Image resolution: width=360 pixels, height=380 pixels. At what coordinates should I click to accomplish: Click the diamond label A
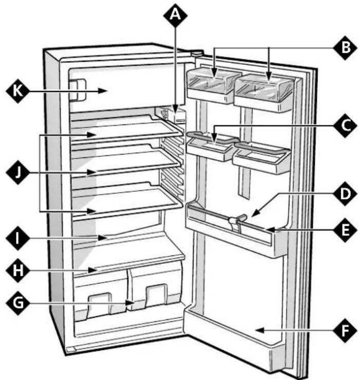pyautogui.click(x=175, y=15)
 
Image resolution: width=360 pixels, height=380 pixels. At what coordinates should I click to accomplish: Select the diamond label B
pyautogui.click(x=345, y=48)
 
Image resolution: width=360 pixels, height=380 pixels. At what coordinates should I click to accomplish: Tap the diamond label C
pyautogui.click(x=345, y=126)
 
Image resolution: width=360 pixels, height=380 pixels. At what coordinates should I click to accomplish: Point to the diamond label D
pyautogui.click(x=345, y=194)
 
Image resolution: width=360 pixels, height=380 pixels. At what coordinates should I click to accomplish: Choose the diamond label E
pyautogui.click(x=345, y=230)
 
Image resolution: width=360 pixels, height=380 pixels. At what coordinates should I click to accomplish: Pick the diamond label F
pyautogui.click(x=345, y=331)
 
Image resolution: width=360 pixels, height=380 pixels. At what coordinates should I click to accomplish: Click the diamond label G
pyautogui.click(x=18, y=303)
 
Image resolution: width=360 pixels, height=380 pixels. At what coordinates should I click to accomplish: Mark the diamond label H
pyautogui.click(x=18, y=270)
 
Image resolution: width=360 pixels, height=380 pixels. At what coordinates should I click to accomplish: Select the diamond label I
pyautogui.click(x=18, y=238)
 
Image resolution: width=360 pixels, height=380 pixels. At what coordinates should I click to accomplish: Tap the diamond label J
pyautogui.click(x=18, y=173)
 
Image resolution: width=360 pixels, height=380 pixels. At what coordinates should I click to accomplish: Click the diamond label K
pyautogui.click(x=18, y=91)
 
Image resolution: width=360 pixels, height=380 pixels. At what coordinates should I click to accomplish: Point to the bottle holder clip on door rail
pyautogui.click(x=236, y=221)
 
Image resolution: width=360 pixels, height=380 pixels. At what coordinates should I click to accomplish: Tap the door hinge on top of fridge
pyautogui.click(x=197, y=53)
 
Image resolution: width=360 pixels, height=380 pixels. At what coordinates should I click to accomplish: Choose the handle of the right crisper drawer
pyautogui.click(x=157, y=295)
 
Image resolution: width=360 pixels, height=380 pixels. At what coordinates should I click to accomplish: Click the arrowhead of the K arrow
pyautogui.click(x=103, y=91)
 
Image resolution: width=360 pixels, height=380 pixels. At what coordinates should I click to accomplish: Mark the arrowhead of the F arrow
pyautogui.click(x=260, y=330)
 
